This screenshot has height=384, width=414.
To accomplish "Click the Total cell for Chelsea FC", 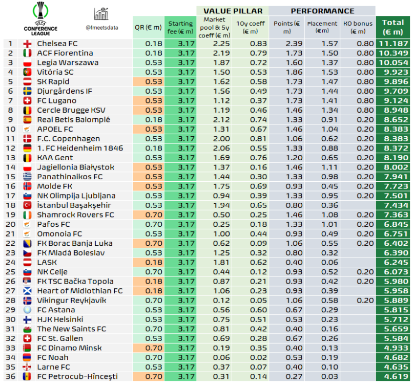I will tap(393, 44).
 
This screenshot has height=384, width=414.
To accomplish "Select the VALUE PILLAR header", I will tap(233, 11).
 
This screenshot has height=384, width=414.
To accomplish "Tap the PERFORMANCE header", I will tap(322, 11).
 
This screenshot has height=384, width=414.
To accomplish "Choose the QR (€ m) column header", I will tap(148, 27).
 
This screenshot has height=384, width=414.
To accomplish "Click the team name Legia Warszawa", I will tap(68, 62).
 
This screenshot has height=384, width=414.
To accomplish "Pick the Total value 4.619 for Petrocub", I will tap(393, 376).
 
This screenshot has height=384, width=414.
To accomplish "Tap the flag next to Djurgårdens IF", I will tap(28, 91).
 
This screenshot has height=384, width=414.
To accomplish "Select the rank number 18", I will tap(10, 205).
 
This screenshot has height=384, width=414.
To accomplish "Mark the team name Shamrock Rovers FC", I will tap(75, 215).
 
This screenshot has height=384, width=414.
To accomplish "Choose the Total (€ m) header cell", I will tap(393, 27).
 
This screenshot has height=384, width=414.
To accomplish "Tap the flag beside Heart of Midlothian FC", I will tap(28, 291).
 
